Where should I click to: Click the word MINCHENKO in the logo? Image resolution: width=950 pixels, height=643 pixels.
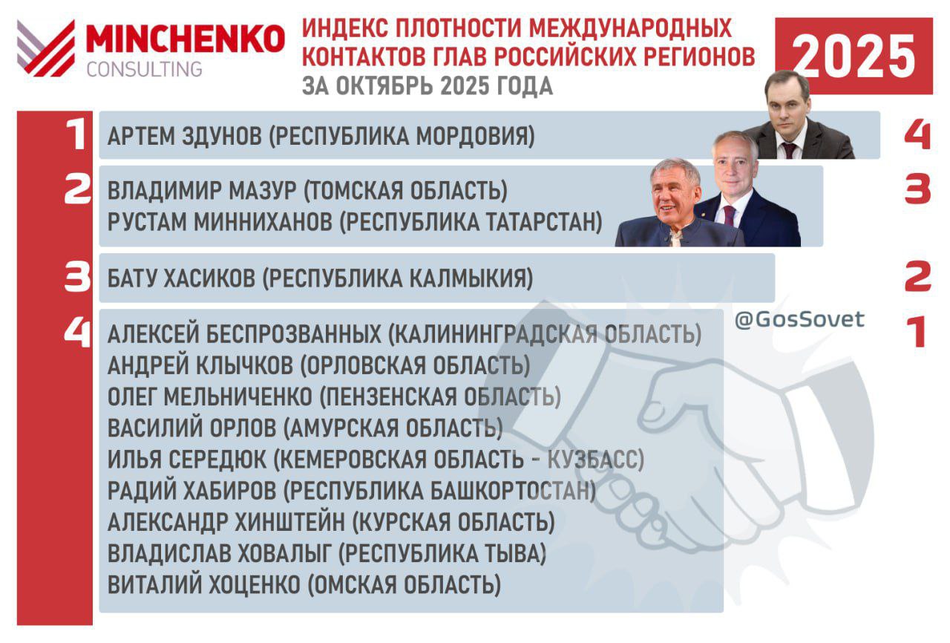click(x=186, y=39)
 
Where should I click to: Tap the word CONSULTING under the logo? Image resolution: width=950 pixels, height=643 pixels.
click(x=144, y=69)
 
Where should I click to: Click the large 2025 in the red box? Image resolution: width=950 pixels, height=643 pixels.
click(x=854, y=56)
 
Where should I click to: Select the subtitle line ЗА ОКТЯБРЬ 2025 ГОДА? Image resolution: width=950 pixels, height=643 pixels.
click(x=427, y=86)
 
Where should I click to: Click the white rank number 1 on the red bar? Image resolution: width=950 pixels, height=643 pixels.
click(x=77, y=134)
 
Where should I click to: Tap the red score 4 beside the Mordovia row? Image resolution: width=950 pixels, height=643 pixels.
click(x=917, y=135)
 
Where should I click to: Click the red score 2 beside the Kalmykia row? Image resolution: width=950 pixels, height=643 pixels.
click(x=918, y=276)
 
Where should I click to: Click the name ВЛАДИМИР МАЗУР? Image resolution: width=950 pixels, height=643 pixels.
click(x=202, y=190)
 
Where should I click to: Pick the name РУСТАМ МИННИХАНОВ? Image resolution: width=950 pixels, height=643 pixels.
click(x=220, y=222)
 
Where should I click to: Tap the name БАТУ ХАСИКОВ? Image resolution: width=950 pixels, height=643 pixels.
click(x=182, y=278)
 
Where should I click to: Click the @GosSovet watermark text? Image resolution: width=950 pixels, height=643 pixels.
click(x=799, y=319)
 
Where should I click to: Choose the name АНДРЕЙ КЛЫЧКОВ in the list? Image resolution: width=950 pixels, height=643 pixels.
click(x=200, y=365)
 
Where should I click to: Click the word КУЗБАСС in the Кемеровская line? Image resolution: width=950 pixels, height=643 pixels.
click(x=595, y=460)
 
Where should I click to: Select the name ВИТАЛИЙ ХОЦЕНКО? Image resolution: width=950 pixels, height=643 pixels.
click(x=204, y=584)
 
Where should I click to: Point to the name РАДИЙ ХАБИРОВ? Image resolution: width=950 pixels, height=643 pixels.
click(x=191, y=491)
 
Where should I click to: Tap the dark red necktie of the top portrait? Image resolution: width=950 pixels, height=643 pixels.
click(x=789, y=150)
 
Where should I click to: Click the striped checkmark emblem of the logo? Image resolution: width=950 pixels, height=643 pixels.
click(x=46, y=48)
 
